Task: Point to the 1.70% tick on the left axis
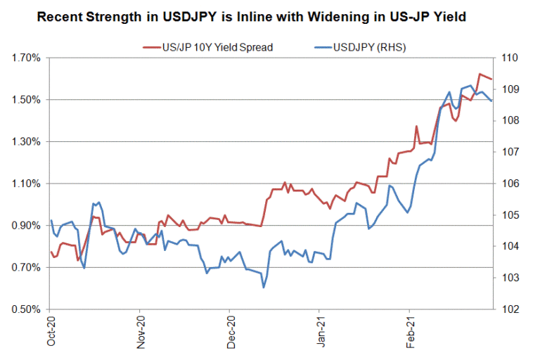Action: pos(26,58)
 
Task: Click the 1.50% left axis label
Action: pos(26,100)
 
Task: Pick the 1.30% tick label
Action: pos(26,141)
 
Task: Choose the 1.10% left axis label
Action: pos(26,184)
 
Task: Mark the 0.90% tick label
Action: pos(26,225)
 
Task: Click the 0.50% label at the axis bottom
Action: pos(26,309)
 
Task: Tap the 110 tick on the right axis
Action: pos(510,58)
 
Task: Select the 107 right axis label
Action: pos(510,152)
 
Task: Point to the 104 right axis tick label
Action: pos(510,246)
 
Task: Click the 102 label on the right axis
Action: pos(510,309)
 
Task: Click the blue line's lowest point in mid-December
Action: pos(264,287)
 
